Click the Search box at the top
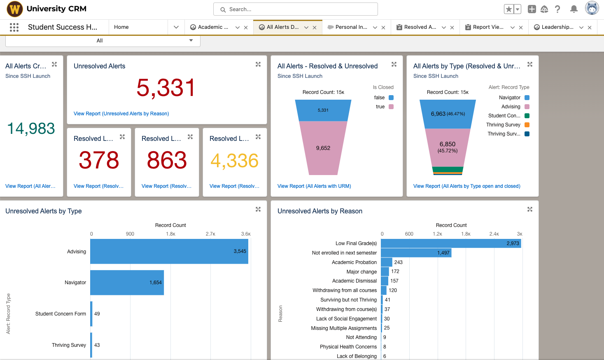tap(295, 9)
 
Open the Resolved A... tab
tap(420, 27)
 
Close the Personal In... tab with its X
tap(383, 28)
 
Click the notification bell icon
tap(574, 9)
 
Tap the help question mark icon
tap(557, 9)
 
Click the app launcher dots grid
tap(14, 27)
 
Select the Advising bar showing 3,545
tap(169, 251)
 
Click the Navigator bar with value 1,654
tap(127, 283)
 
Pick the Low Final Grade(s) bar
tap(451, 243)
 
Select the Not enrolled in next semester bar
tap(416, 253)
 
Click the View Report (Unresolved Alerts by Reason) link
tap(121, 114)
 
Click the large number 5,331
tap(166, 88)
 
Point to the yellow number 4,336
tap(234, 161)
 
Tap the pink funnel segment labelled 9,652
tap(323, 148)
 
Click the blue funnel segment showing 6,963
tap(448, 114)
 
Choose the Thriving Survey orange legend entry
tap(508, 125)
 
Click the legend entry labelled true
tap(384, 107)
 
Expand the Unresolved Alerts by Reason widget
tap(529, 210)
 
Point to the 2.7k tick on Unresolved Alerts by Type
tap(210, 234)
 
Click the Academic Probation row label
tap(354, 262)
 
